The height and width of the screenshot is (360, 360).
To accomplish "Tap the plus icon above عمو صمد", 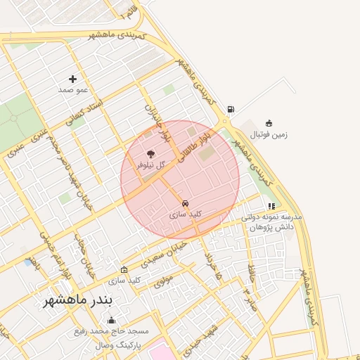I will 72,79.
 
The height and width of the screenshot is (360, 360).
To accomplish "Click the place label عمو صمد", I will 72,91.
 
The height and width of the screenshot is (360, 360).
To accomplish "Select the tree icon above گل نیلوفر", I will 150,154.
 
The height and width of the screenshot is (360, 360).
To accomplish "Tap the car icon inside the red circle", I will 186,203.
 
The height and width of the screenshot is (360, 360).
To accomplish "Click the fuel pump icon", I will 231,109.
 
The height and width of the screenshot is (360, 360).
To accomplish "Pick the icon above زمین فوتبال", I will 269,123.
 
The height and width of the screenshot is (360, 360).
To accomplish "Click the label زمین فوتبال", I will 269,134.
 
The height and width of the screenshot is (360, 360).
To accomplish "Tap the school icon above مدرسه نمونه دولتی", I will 271,206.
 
